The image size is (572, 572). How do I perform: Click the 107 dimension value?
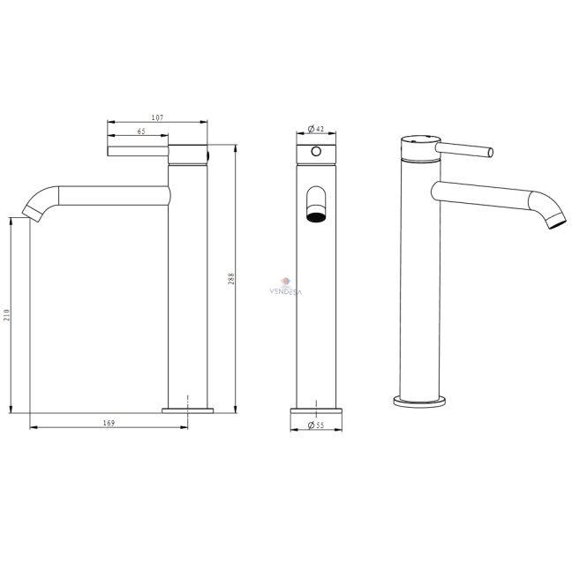pyautogui.click(x=157, y=117)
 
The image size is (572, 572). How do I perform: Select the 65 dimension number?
pyautogui.click(x=141, y=131)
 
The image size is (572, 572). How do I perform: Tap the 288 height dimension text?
pyautogui.click(x=231, y=279)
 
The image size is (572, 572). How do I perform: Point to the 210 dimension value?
pyautogui.click(x=7, y=315)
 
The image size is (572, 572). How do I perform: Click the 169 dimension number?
pyautogui.click(x=109, y=423)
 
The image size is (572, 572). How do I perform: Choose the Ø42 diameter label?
pyautogui.click(x=316, y=128)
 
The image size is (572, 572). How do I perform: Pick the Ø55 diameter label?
pyautogui.click(x=316, y=425)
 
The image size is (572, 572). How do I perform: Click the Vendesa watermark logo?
pyautogui.click(x=286, y=287)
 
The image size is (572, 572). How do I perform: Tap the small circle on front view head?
pyautogui.click(x=316, y=151)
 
